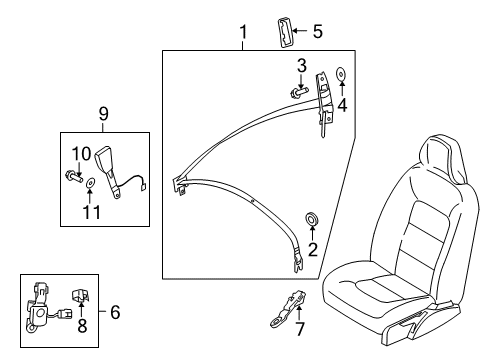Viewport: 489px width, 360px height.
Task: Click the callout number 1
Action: pyautogui.click(x=241, y=33)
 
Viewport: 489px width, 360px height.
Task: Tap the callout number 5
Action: pyautogui.click(x=318, y=31)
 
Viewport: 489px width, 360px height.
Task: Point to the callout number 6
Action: pyautogui.click(x=116, y=313)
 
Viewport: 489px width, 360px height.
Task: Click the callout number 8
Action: pyautogui.click(x=82, y=325)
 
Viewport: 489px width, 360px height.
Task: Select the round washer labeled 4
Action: pyautogui.click(x=341, y=73)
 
